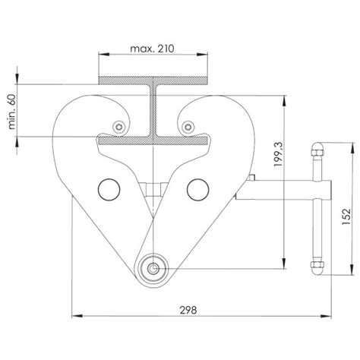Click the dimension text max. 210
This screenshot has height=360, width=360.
coord(153,49)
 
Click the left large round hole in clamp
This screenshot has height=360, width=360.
coord(109,187)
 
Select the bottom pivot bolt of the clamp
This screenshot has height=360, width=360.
coord(153,267)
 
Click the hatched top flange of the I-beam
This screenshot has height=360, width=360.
coord(153,79)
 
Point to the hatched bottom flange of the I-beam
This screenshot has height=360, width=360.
coord(153,140)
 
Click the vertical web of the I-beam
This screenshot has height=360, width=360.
coord(153,109)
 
